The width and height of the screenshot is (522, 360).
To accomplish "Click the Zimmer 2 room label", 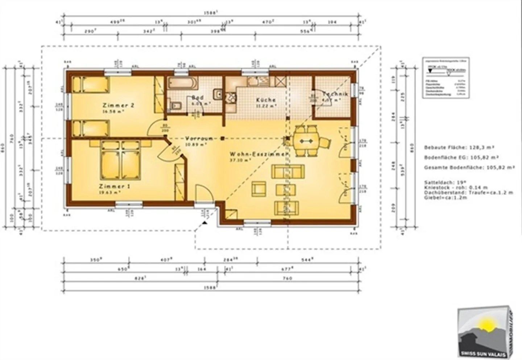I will tap(119, 105).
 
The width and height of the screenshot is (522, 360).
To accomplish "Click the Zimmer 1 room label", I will tap(115, 186).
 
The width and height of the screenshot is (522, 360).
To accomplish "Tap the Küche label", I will tap(266, 100).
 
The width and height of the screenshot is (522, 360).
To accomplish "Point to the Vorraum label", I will tap(199, 138).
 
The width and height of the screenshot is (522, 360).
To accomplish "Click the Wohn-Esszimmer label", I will tap(258, 154).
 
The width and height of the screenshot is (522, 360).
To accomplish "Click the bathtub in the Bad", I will tap(183, 83).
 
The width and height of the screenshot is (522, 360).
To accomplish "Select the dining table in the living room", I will tap(307, 141).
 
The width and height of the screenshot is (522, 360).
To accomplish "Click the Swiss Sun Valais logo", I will tap(484, 331).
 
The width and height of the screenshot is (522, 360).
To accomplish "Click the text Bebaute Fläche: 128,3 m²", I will tap(459, 147).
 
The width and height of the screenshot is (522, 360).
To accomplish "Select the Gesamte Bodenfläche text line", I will tap(469, 168).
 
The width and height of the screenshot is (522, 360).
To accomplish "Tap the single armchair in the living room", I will tap(259, 189).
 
